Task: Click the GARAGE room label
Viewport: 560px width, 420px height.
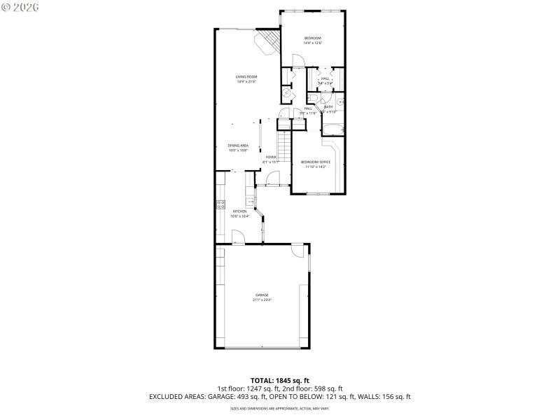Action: click(261, 295)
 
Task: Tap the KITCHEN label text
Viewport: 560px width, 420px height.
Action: click(240, 211)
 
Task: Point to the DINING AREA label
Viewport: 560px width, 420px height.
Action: click(238, 146)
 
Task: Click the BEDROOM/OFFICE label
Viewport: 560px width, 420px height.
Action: click(316, 162)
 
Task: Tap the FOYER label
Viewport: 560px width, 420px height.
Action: click(270, 157)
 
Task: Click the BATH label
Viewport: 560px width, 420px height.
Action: click(328, 107)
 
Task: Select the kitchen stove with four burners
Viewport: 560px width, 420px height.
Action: click(220, 205)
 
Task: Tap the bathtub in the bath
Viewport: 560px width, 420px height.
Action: click(332, 128)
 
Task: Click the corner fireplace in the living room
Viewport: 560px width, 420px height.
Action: click(267, 42)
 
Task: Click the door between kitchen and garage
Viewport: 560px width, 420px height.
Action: click(239, 239)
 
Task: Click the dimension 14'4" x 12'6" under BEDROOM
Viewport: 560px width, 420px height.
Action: click(312, 43)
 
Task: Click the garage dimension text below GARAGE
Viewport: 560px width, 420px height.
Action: click(261, 300)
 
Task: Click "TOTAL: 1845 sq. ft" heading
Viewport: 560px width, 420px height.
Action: click(279, 380)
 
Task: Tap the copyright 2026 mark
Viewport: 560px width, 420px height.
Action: click(20, 6)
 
